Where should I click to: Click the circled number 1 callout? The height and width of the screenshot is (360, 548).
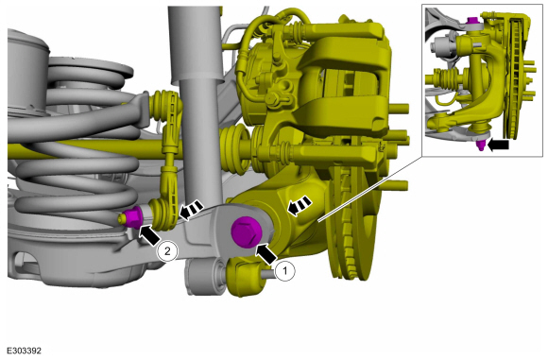284,270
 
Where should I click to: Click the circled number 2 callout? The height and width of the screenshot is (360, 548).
167,251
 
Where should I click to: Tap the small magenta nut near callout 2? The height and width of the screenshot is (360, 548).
131,217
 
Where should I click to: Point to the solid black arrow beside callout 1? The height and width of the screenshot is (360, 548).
266,254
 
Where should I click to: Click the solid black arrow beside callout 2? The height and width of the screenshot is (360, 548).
149,235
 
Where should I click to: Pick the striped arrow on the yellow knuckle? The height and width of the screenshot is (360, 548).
299,206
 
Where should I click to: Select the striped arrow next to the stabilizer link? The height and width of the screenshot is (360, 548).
191,210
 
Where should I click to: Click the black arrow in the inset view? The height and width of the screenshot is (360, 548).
498,145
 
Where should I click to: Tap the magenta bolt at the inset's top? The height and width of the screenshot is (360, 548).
472,20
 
